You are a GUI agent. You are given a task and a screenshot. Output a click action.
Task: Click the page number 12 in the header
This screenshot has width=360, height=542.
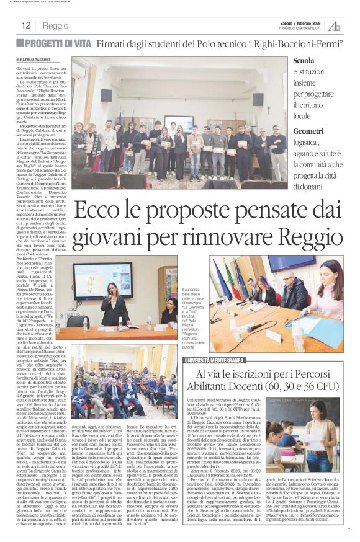pos(26,25)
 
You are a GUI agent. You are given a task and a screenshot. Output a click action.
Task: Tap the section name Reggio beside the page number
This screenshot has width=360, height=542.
pos(56,26)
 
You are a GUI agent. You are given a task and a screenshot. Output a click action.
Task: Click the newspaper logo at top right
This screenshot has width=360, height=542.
pos(335,25)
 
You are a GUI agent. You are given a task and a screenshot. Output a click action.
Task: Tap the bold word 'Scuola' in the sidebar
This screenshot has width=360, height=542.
pos(304,61)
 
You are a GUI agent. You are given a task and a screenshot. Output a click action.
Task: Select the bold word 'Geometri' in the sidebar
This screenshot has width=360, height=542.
pos(308,131)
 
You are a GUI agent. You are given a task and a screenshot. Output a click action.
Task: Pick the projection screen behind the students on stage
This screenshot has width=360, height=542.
pos(178,123)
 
